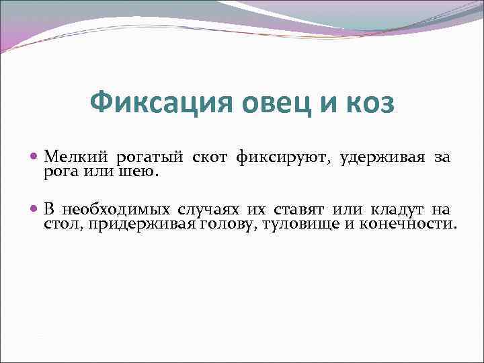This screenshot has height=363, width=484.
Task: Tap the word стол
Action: click(x=61, y=224)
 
